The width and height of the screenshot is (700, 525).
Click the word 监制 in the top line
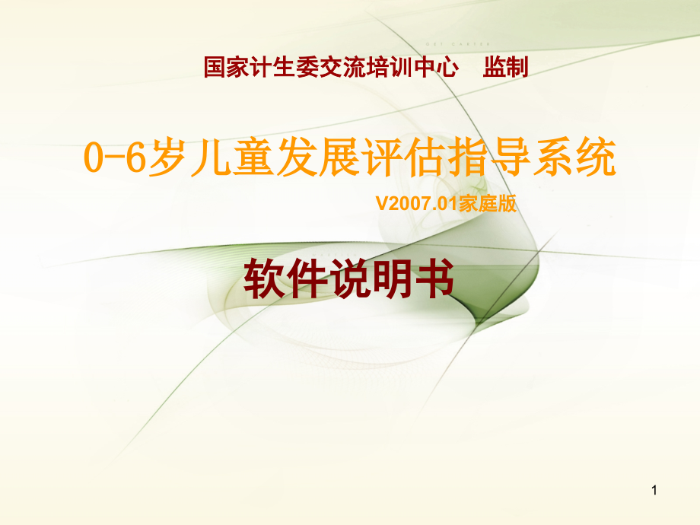tap(505, 68)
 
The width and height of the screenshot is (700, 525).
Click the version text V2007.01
tap(412, 204)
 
